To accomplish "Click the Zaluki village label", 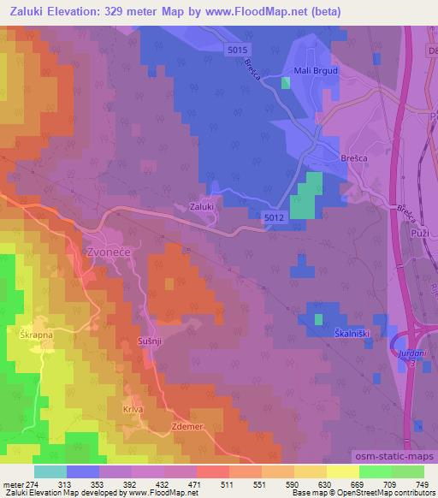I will [201, 206].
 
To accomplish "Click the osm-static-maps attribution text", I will [394, 459].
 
